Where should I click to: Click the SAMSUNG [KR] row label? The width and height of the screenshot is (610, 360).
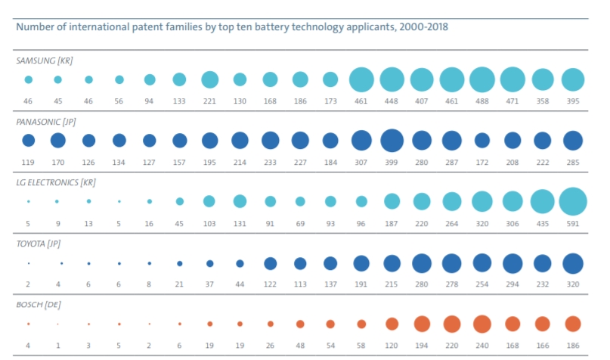(x=45, y=59)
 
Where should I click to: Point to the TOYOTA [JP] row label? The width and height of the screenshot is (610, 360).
(x=42, y=244)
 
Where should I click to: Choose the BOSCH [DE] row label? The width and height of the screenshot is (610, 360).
(x=39, y=304)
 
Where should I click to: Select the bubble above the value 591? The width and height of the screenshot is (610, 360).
(x=572, y=201)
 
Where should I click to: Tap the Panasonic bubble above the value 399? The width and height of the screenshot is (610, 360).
(x=391, y=140)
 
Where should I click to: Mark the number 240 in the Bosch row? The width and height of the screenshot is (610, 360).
(x=481, y=345)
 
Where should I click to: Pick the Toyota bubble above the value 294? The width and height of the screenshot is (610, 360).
(x=512, y=262)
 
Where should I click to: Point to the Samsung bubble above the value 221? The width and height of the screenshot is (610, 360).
(x=209, y=79)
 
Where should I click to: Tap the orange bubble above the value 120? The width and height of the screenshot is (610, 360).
(x=392, y=324)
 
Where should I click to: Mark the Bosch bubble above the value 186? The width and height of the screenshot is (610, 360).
(x=572, y=324)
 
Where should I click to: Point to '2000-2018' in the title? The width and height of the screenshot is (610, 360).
(x=421, y=26)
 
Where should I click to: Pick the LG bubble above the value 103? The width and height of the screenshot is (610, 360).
(x=209, y=201)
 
